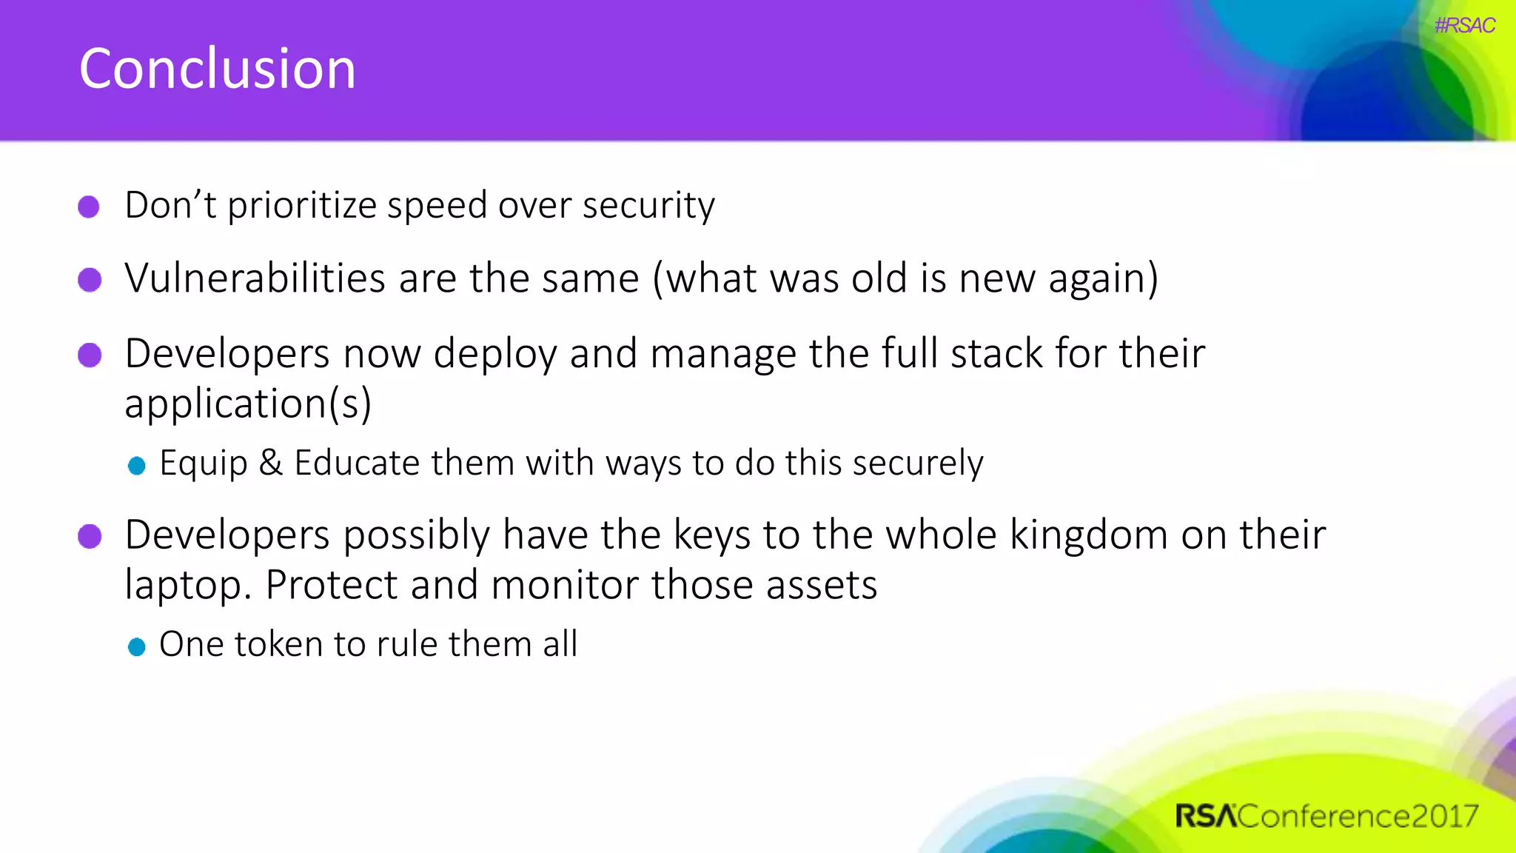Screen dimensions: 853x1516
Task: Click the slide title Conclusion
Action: [217, 69]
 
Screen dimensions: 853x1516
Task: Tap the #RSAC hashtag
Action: [1464, 26]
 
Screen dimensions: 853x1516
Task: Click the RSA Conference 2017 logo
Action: [1326, 816]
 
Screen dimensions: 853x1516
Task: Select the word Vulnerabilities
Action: [255, 278]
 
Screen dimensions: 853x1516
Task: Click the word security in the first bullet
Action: [648, 205]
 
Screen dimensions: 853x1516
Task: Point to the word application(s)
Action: [247, 404]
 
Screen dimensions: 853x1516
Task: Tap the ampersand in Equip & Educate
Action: [271, 463]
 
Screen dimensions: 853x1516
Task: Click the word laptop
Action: [183, 586]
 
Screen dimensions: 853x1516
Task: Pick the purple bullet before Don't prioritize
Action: [89, 207]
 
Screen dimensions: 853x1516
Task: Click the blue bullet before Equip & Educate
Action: [136, 465]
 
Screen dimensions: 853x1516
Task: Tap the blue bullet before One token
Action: [136, 646]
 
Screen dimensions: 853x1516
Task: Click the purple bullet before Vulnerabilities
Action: [90, 280]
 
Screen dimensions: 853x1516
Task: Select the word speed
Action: [437, 206]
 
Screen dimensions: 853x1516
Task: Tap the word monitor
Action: [564, 585]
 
